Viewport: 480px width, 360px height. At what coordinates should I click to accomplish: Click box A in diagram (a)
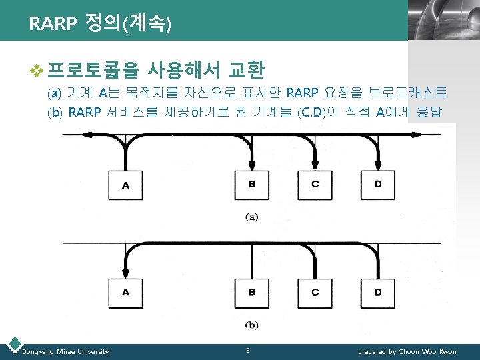tap(126, 185)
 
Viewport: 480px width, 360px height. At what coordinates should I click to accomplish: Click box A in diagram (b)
tap(126, 293)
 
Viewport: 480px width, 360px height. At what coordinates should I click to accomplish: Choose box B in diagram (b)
tap(252, 293)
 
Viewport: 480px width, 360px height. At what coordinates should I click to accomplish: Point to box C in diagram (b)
tap(315, 293)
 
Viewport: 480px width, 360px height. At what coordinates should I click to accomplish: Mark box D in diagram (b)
tap(378, 293)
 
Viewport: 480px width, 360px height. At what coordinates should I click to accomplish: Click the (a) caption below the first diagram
tap(252, 217)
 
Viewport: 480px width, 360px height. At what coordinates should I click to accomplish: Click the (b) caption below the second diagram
tap(252, 325)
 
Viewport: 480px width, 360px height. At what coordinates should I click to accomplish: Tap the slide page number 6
tap(247, 351)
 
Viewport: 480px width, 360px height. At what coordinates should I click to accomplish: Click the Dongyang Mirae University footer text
tap(65, 351)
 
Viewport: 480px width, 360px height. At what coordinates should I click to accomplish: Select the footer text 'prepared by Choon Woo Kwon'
tap(407, 351)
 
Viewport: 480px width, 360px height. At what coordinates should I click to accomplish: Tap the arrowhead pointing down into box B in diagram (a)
tap(252, 165)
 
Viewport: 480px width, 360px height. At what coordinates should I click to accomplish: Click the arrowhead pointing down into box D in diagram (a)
tap(378, 165)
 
